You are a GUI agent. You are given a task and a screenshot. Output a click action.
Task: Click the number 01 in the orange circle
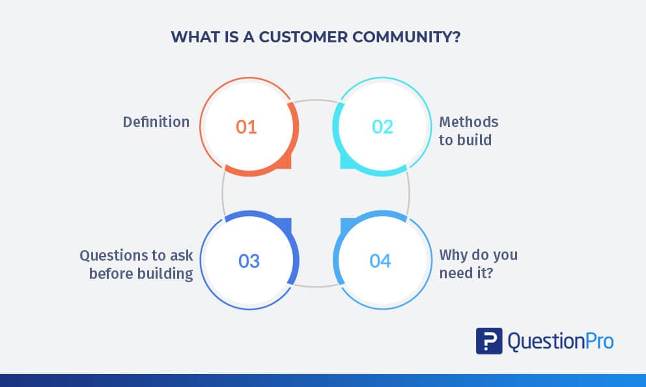point(246,127)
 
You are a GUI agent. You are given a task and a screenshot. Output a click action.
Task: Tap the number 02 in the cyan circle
point(382,127)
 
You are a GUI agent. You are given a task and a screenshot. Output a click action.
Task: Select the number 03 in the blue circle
point(249,261)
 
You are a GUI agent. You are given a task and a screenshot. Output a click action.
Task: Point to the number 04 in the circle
point(380,261)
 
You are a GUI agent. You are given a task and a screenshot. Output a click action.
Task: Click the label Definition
point(156,122)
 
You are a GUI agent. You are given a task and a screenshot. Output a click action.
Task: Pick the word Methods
point(468,122)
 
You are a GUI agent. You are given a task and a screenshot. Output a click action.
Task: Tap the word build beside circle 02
point(474,140)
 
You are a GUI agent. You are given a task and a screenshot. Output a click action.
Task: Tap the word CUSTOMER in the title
point(303,37)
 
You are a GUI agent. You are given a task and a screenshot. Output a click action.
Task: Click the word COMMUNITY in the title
point(406,37)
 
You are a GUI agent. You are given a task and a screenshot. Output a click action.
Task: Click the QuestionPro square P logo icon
point(489,341)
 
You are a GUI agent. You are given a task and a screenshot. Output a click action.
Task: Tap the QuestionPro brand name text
point(560,341)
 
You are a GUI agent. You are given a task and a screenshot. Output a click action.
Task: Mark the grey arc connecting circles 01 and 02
point(315,100)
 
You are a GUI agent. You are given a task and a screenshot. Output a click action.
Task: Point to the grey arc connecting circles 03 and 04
point(315,285)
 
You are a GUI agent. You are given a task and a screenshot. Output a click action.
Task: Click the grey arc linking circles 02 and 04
point(409,193)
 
